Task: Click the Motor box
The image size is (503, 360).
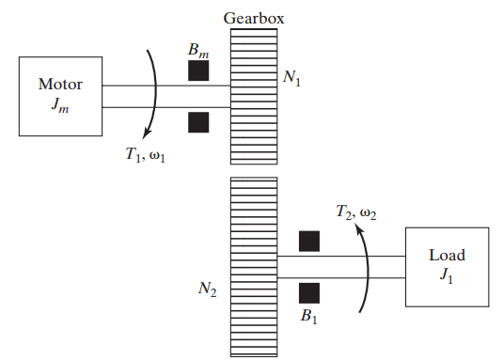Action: pos(60,93)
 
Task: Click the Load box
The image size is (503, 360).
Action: pos(447,266)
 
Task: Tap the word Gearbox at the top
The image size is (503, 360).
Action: pos(254,17)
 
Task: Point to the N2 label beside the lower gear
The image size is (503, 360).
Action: pos(208,291)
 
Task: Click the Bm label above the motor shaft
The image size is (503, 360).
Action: pos(198,48)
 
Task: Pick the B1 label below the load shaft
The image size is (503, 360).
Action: pos(309,317)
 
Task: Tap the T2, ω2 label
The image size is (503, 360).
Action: pos(355,212)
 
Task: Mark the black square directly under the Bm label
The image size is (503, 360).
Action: pos(198,71)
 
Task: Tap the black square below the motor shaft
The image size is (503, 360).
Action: pos(198,122)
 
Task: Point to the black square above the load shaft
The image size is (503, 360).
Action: pos(309,242)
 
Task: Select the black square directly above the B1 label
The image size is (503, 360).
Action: pos(309,292)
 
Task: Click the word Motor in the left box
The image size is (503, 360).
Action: pos(60,85)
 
